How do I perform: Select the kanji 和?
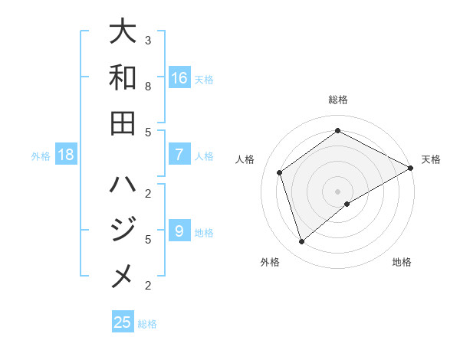pyautogui.click(x=123, y=77)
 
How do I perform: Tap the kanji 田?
pyautogui.click(x=123, y=123)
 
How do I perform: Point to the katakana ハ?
pyautogui.click(x=123, y=185)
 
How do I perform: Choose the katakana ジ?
pyautogui.click(x=123, y=231)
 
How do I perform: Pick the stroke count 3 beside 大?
pyautogui.click(x=148, y=40)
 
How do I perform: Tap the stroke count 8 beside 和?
pyautogui.click(x=148, y=86)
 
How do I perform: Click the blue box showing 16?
pyautogui.click(x=179, y=77)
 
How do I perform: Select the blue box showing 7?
pyautogui.click(x=179, y=155)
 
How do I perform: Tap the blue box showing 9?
pyautogui.click(x=179, y=231)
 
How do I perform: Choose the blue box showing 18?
pyautogui.click(x=66, y=155)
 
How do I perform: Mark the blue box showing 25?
pyautogui.click(x=123, y=322)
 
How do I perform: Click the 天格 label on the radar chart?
pyautogui.click(x=431, y=159)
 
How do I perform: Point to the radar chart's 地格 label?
pyautogui.click(x=402, y=262)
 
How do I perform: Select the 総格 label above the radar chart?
pyautogui.click(x=338, y=100)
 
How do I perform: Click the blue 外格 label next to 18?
pyautogui.click(x=41, y=155)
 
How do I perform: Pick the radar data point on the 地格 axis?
pyautogui.click(x=347, y=204)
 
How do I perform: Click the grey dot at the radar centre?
pyautogui.click(x=338, y=191)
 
